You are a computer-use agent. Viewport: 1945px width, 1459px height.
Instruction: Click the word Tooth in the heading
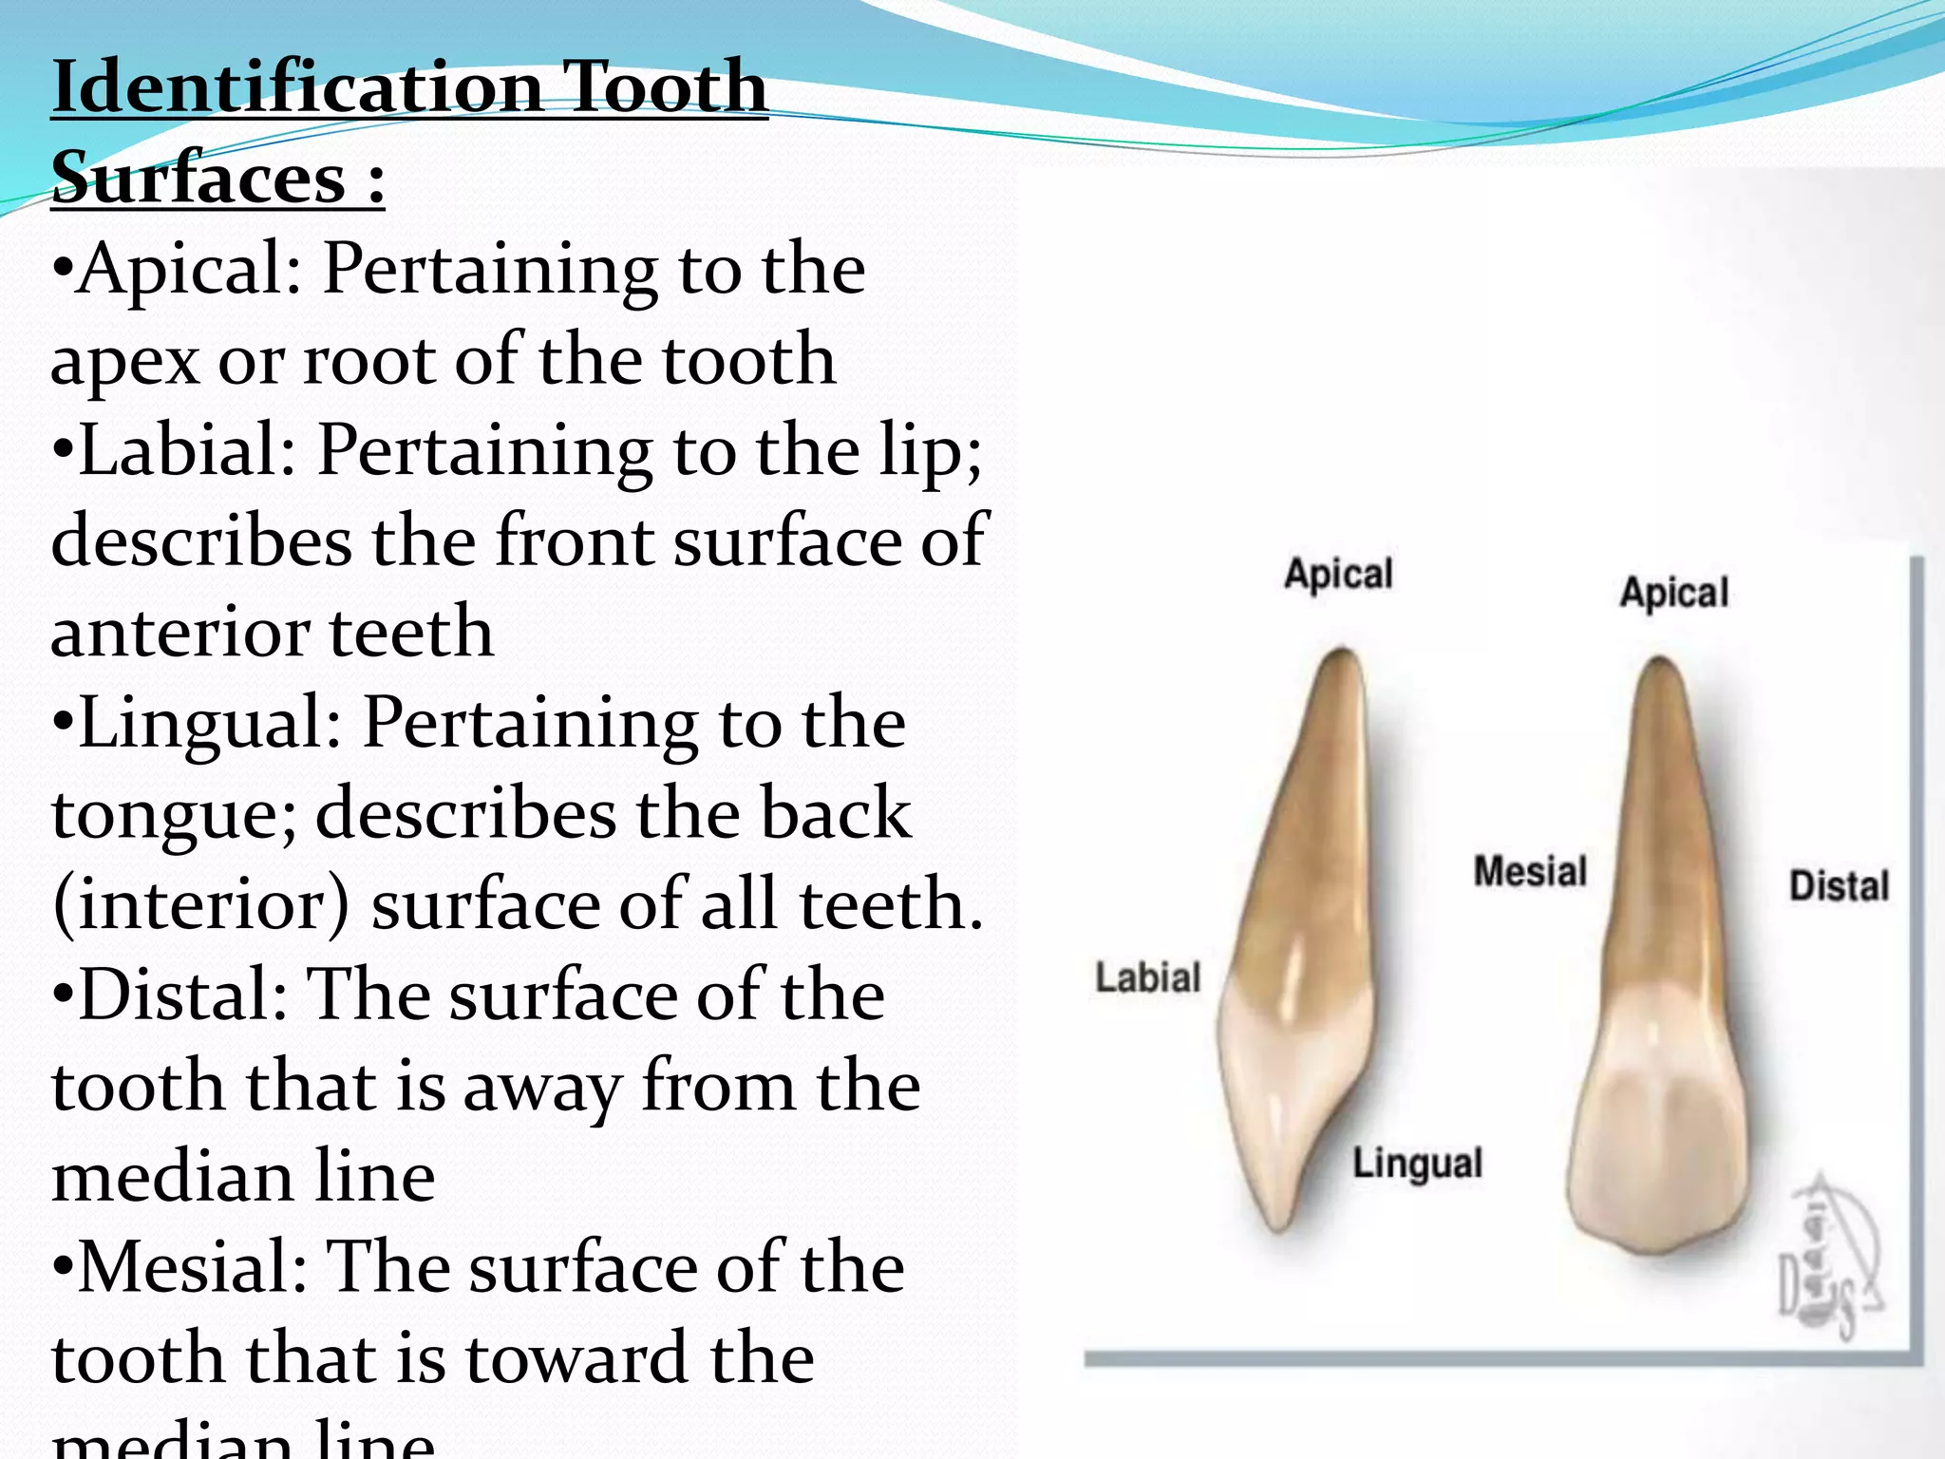(x=665, y=87)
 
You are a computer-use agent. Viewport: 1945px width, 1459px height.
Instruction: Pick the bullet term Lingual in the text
(x=209, y=724)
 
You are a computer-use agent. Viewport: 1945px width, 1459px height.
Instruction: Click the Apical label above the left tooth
(x=1338, y=575)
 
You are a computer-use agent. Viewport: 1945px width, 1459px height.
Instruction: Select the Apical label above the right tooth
(x=1673, y=593)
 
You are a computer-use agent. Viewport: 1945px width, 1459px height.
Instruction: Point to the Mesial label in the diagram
(x=1530, y=871)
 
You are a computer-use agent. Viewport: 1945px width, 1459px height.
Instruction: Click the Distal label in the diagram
(x=1839, y=886)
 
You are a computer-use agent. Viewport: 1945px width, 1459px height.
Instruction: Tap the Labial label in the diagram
(x=1147, y=977)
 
